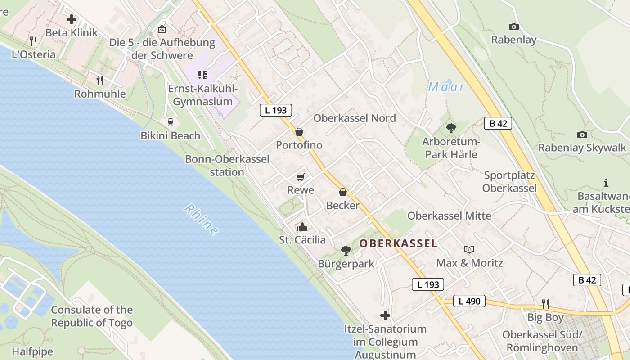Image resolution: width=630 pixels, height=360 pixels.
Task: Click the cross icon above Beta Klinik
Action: click(x=71, y=19)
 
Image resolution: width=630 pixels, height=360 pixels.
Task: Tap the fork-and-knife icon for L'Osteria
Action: click(x=33, y=41)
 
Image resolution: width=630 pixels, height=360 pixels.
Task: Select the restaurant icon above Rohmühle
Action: click(x=100, y=81)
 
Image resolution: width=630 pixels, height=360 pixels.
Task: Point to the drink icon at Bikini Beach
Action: click(x=170, y=122)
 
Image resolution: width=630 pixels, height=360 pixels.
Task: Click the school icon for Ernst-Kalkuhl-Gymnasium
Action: click(x=202, y=75)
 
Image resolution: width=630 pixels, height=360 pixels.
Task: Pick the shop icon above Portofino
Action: click(x=299, y=132)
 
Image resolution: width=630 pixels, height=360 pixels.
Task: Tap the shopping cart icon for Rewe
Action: click(x=301, y=177)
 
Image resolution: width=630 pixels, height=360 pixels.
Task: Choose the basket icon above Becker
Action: click(x=343, y=192)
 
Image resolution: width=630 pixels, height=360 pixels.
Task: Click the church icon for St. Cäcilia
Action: click(x=302, y=227)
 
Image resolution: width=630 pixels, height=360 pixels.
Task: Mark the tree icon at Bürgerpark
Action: click(x=346, y=250)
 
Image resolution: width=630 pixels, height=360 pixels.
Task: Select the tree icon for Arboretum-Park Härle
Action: click(x=451, y=129)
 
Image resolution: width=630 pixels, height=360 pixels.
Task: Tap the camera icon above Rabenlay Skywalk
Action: click(x=582, y=135)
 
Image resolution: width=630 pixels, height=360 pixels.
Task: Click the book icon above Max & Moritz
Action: click(x=469, y=249)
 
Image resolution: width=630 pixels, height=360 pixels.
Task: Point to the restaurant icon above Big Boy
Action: click(x=545, y=304)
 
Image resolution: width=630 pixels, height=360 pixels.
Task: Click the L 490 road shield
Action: click(x=469, y=301)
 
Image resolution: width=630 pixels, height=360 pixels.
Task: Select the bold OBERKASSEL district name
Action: click(x=398, y=243)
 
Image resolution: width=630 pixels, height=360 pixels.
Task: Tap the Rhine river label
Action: click(x=202, y=220)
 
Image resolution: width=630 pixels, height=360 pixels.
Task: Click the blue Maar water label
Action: click(x=446, y=87)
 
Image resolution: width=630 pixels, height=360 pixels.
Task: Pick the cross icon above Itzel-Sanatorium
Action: click(x=385, y=315)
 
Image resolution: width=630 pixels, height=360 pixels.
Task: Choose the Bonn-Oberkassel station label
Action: click(x=227, y=165)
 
